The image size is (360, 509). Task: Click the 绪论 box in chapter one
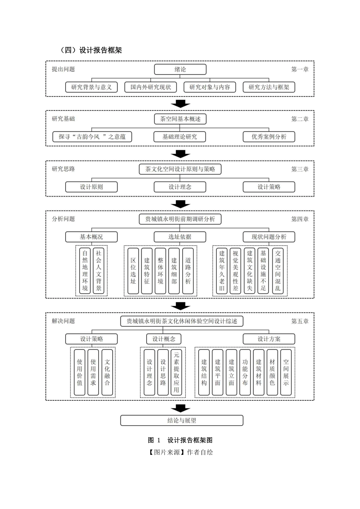coord(180,69)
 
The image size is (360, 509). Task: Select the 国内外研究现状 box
coord(150,87)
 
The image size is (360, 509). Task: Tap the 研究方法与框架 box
coord(269,87)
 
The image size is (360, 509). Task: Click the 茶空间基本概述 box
coord(180,119)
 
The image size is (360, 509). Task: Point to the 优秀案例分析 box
coord(269,137)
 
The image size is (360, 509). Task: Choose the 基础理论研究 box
coord(180,137)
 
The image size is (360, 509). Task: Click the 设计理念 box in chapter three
coord(180,187)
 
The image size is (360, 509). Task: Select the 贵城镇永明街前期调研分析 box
coord(180,219)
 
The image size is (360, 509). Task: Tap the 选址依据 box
coord(180,237)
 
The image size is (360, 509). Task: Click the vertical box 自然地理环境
coord(85,270)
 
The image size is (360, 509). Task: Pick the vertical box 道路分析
coord(188,270)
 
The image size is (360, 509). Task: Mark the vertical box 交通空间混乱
coord(277,270)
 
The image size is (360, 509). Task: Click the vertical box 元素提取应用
coord(177,372)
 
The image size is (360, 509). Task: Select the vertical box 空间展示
coord(286,372)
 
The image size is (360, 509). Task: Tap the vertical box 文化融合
coord(107,372)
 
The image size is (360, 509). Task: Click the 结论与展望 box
coord(182,420)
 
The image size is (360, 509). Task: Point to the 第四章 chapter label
coord(300,219)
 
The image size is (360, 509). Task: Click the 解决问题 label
coord(63,321)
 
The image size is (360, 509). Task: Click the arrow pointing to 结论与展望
coord(180,408)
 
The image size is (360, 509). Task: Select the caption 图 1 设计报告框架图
coord(180,440)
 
